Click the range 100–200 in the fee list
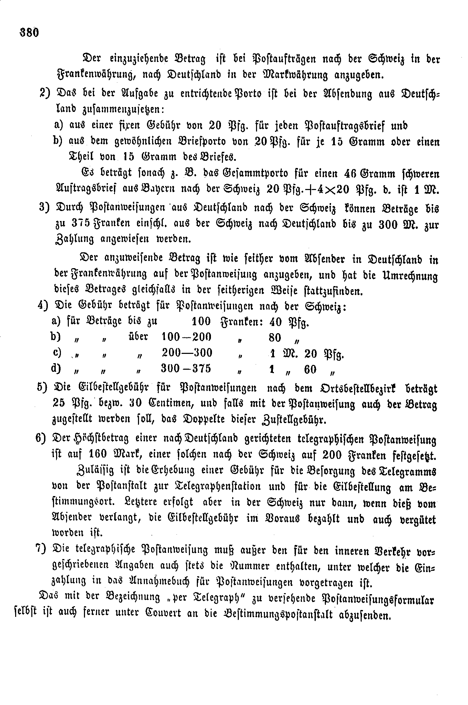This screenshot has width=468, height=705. click(187, 337)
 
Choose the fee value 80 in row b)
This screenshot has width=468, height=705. click(275, 338)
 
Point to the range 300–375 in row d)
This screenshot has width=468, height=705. click(186, 369)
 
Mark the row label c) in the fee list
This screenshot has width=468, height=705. click(56, 353)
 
